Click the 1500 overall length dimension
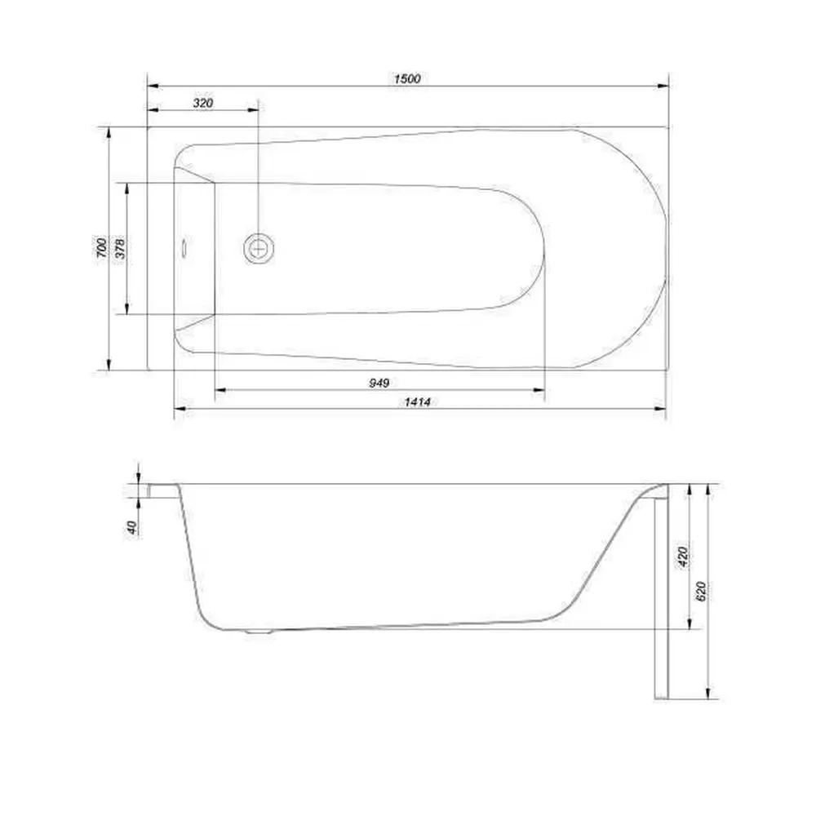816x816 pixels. (x=407, y=78)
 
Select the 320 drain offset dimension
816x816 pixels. (x=203, y=103)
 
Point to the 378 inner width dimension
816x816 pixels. (x=120, y=248)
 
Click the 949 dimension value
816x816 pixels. (x=379, y=383)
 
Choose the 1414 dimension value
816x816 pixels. (x=417, y=401)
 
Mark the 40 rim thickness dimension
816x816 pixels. (x=132, y=527)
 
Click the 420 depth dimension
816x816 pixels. (x=683, y=557)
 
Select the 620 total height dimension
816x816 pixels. (x=700, y=591)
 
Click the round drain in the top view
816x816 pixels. (x=259, y=248)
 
